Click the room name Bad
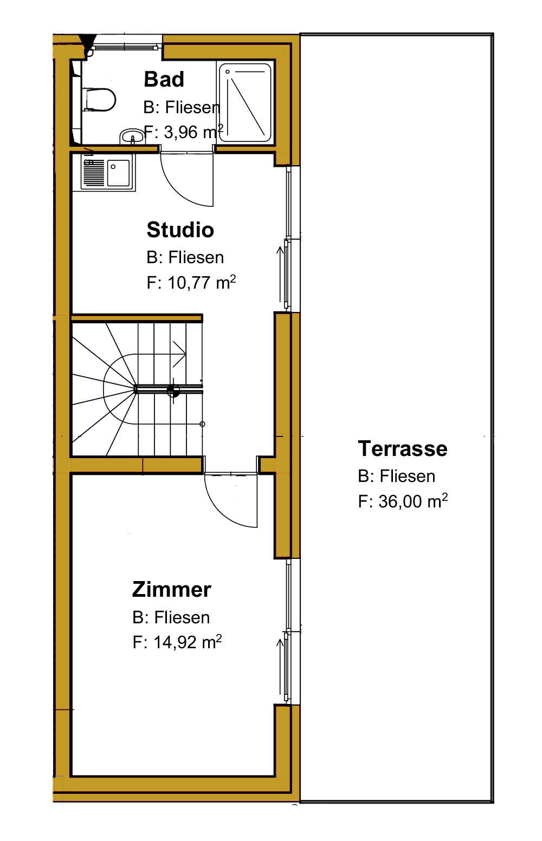[x=164, y=79]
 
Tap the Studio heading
[x=180, y=230]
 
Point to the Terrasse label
[x=403, y=448]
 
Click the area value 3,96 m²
[x=193, y=132]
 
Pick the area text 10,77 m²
[x=202, y=282]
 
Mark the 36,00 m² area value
[x=413, y=501]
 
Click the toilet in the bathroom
[x=99, y=100]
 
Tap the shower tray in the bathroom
[x=245, y=102]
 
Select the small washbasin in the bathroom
[x=132, y=136]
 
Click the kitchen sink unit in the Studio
[x=107, y=172]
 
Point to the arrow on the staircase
[x=179, y=354]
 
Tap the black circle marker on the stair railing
[x=173, y=390]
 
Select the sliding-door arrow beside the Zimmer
[x=280, y=667]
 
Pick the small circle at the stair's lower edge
[x=202, y=424]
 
